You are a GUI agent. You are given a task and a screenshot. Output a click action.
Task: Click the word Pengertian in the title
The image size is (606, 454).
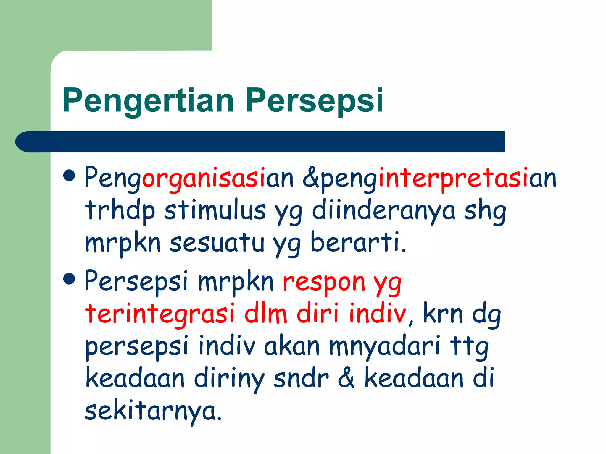click(x=148, y=101)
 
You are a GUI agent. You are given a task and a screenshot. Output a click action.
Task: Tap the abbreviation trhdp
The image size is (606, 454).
click(x=120, y=210)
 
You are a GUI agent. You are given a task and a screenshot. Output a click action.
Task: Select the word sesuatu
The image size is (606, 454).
click(x=217, y=242)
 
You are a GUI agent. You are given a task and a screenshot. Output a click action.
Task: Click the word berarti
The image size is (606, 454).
click(x=358, y=242)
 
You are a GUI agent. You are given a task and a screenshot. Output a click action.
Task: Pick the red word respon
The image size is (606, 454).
click(x=324, y=282)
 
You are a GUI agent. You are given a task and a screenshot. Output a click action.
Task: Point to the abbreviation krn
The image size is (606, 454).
click(x=443, y=313)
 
